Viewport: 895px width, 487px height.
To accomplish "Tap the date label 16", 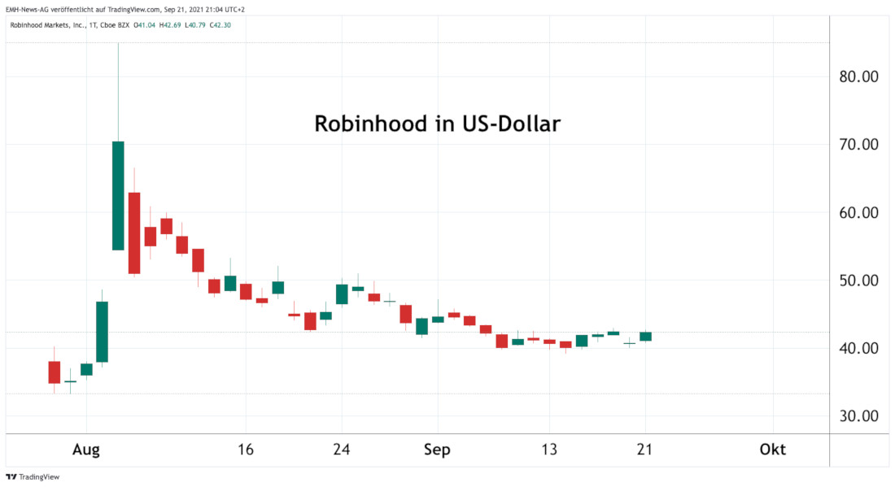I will tap(246, 450).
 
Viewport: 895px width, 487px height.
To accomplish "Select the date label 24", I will tap(342, 450).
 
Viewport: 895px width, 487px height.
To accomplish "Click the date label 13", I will tap(550, 450).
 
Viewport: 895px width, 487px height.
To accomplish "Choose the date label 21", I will tap(645, 450).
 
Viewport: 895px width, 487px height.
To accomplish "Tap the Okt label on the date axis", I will tap(773, 450).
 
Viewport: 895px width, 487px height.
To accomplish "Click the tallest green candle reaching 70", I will tap(118, 195).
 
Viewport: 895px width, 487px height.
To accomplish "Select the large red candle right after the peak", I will tap(134, 233).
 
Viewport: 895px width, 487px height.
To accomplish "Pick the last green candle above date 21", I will tap(645, 336).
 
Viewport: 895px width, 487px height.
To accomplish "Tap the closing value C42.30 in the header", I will tap(220, 25).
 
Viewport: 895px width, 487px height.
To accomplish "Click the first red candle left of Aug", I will tap(55, 372).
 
